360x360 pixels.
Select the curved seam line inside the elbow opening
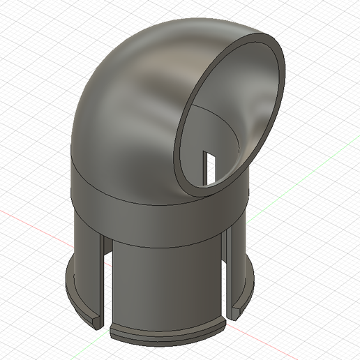point(216,115)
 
